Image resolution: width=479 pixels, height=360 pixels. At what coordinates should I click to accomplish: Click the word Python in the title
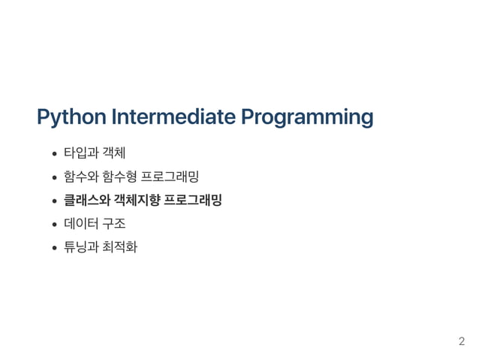(x=71, y=118)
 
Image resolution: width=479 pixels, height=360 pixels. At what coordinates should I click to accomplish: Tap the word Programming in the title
(x=307, y=118)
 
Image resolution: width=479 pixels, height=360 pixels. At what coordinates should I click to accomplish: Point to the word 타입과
(x=80, y=155)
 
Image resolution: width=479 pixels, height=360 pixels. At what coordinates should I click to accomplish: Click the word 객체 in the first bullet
(x=113, y=155)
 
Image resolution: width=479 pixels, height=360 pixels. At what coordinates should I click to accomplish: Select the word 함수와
(x=80, y=177)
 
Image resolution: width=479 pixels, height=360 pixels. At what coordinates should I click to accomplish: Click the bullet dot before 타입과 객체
(x=55, y=156)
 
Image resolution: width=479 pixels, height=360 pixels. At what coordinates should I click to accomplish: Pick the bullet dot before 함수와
(x=55, y=178)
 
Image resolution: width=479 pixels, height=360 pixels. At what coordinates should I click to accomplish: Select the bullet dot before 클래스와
(x=55, y=201)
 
